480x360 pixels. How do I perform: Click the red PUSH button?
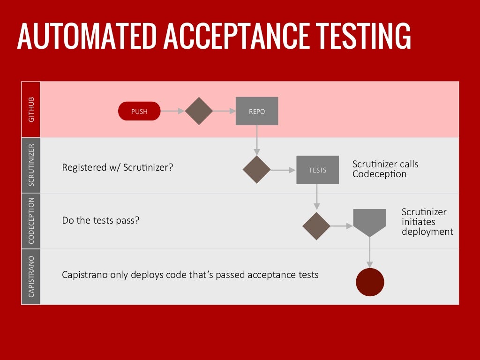pos(139,112)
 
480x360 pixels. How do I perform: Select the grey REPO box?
pos(256,111)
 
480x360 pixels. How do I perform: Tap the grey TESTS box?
pos(317,170)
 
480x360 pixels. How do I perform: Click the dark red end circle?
pos(370,282)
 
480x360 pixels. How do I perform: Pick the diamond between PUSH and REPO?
pos(199,111)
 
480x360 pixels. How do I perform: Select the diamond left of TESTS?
pos(256,170)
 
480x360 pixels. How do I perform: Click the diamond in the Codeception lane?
pos(316,226)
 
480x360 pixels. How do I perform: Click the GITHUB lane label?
pos(31,110)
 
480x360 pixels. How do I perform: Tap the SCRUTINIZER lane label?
pos(31,165)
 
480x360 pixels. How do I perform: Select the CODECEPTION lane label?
pos(31,221)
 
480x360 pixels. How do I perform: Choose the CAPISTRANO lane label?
pos(31,277)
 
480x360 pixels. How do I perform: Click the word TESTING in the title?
pos(363,36)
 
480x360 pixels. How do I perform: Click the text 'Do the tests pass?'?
pos(101,220)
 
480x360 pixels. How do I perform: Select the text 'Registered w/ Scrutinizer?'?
pos(118,167)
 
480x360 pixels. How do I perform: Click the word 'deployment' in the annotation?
pos(427,232)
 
